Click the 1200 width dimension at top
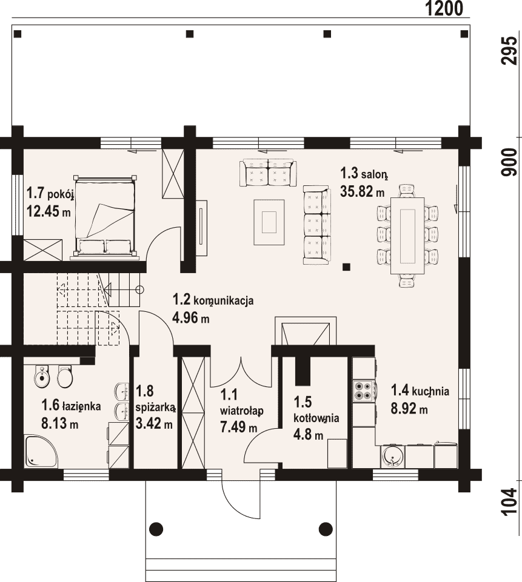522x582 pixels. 444,8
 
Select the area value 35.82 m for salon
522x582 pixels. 362,192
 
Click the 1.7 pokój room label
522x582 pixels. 50,193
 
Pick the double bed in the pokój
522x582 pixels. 105,216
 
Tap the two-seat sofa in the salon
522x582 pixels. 268,173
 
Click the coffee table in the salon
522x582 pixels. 269,222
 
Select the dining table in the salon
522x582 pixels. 407,236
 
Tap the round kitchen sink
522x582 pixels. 392,456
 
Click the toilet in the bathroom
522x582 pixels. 65,376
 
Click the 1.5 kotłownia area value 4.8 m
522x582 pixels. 309,435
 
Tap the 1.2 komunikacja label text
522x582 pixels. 213,300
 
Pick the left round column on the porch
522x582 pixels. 156,528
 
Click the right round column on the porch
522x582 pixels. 326,528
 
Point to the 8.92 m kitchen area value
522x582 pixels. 409,409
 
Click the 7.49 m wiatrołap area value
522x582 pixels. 238,427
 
